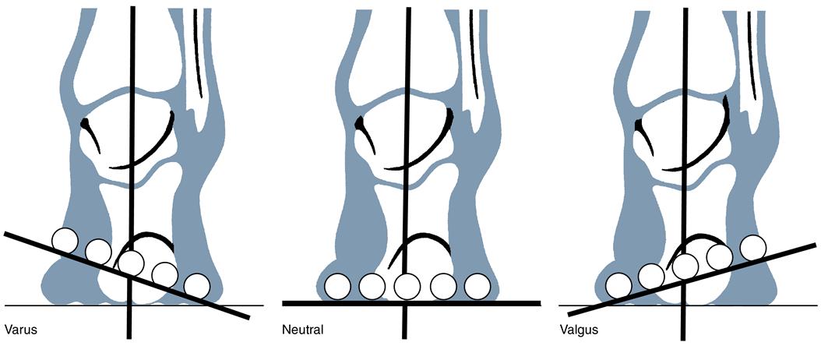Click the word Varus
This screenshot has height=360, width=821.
[x=20, y=330]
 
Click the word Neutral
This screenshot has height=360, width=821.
[x=303, y=330]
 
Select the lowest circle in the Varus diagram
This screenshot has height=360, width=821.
[x=197, y=286]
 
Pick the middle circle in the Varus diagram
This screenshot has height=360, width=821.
[x=131, y=263]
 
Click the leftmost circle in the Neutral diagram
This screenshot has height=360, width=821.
[x=338, y=287]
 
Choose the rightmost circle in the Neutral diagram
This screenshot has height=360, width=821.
[x=477, y=286]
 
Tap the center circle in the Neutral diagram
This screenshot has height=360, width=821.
[x=407, y=287]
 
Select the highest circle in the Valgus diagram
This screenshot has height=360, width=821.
[x=752, y=247]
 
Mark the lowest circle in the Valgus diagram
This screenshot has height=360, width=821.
[x=618, y=285]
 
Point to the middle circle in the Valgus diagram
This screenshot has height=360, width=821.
[x=685, y=266]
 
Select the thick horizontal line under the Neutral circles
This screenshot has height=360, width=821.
[x=514, y=302]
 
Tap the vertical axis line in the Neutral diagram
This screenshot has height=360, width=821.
[x=407, y=117]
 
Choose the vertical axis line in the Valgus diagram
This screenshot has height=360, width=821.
[x=685, y=117]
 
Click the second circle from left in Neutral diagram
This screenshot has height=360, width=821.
[x=373, y=287]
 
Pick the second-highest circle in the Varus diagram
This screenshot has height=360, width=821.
[x=98, y=251]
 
